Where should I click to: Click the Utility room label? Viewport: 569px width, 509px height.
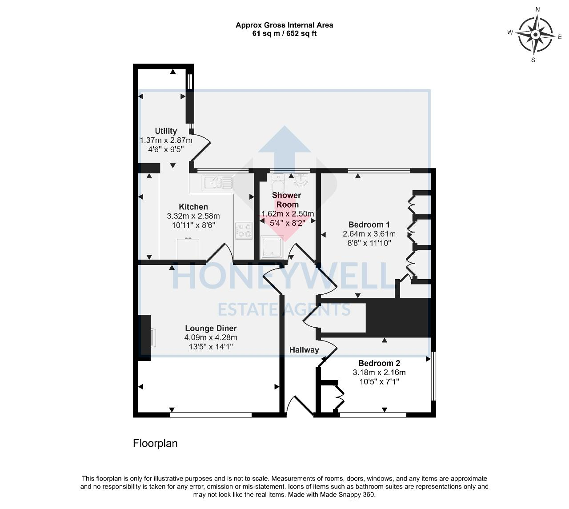tap(166, 131)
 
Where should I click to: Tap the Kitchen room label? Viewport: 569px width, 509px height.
tap(193, 207)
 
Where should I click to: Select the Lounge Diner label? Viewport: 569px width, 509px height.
tap(211, 329)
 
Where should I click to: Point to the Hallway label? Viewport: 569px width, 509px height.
tap(304, 350)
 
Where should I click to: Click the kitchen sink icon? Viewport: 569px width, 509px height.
tap(217, 182)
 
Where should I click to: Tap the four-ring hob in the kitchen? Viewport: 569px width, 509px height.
tap(243, 230)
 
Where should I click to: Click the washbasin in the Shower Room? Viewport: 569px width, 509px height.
tap(302, 181)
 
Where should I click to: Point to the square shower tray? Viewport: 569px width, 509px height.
tap(272, 247)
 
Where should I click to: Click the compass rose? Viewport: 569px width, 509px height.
tap(536, 34)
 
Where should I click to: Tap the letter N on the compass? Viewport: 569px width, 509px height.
tap(537, 9)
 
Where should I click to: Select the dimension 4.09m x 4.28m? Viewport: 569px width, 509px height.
tap(211, 337)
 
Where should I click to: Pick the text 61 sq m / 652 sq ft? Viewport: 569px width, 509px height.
tap(284, 33)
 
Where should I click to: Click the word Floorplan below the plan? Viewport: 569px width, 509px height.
tap(155, 443)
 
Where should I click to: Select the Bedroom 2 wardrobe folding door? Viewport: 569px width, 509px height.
tap(340, 397)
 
